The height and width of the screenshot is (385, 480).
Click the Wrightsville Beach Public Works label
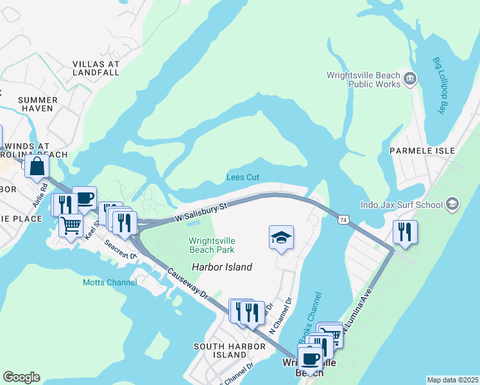363,80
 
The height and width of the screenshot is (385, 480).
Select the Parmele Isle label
422,151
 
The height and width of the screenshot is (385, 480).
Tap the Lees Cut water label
243,178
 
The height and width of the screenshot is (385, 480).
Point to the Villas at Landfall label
96,69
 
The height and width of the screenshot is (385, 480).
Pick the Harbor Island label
221,267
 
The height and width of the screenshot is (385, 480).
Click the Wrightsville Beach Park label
211,246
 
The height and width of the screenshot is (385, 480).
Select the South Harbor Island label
230,350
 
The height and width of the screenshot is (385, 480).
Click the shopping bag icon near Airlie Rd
37,166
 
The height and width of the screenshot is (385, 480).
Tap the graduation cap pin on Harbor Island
281,238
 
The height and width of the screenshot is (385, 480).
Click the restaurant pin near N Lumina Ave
405,232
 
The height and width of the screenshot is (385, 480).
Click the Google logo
21,377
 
